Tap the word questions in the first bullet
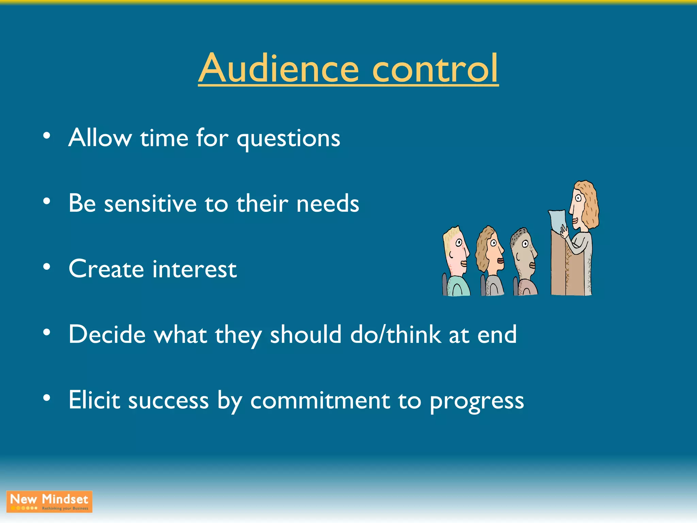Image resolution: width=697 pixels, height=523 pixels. click(288, 139)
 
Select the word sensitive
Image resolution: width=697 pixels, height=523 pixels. click(150, 204)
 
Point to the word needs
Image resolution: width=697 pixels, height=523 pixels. click(327, 204)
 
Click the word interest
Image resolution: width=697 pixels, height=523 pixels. click(194, 269)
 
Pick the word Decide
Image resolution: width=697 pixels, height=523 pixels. click(107, 334)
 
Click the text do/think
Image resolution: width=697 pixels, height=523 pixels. click(395, 334)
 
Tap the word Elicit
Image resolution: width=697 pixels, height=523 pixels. click(94, 400)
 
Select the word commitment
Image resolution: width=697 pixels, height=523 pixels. click(320, 401)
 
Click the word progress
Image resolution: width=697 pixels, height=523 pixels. click(476, 402)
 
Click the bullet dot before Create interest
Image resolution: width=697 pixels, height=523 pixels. click(47, 267)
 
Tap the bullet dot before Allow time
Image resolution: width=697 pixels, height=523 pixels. click(47, 136)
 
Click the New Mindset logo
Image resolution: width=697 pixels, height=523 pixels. click(49, 502)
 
